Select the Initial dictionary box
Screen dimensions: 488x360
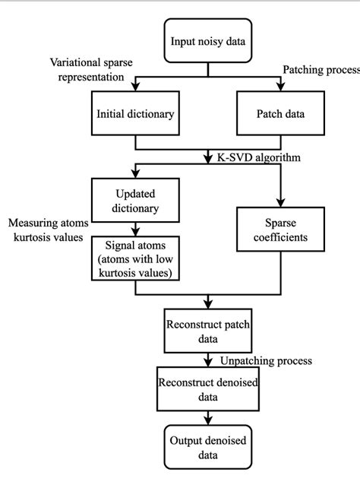[x=136, y=115]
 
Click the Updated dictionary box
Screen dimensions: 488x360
[x=136, y=199]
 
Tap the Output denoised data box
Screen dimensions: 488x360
[x=207, y=447]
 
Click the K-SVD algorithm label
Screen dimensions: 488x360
[x=253, y=157]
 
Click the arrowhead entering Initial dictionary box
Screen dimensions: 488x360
[x=136, y=90]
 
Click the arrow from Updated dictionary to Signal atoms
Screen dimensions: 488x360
[x=136, y=228]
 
